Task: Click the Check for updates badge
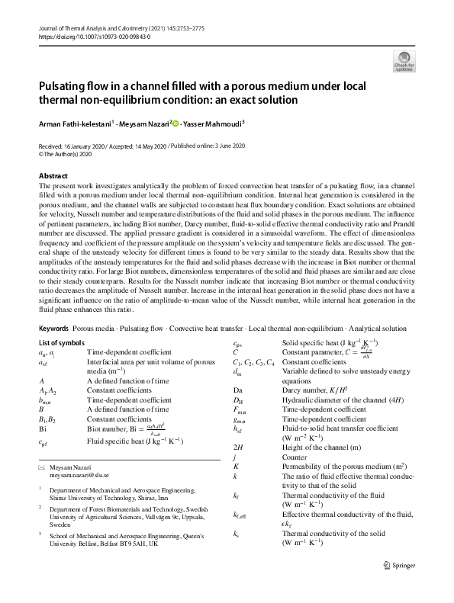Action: click(x=402, y=61)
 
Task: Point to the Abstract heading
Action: click(x=53, y=176)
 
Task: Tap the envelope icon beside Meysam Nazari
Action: click(x=41, y=465)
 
